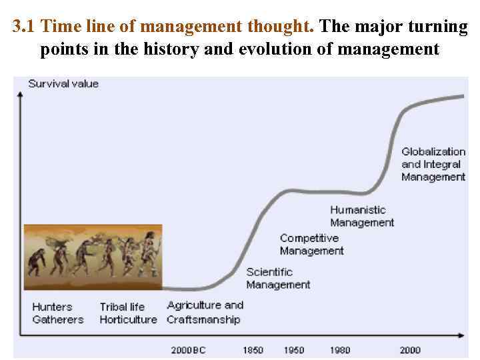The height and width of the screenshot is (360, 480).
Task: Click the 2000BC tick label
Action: pos(188,350)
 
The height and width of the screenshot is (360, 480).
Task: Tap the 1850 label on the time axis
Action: pos(253,350)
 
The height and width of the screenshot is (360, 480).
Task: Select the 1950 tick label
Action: pos(293,350)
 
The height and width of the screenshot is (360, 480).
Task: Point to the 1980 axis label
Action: pos(340,350)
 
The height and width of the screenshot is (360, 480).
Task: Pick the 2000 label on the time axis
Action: pos(409,350)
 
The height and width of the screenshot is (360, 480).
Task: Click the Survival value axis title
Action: pos(63,84)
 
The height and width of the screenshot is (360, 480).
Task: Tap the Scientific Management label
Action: pos(278,278)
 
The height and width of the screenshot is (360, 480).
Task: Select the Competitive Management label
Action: pos(311,245)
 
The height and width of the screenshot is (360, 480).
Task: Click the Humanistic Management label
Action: pos(362,217)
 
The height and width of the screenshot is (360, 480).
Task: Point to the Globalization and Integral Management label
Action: pos(433,164)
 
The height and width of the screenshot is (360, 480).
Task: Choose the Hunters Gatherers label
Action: pos(58,313)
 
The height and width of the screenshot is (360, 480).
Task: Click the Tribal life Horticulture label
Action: pos(127,313)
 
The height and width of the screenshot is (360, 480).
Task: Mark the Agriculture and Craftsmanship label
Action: pos(205,312)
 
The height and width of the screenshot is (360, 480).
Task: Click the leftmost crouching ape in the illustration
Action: pos(37,260)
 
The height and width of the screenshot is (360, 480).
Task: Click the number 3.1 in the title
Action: pos(25,27)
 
